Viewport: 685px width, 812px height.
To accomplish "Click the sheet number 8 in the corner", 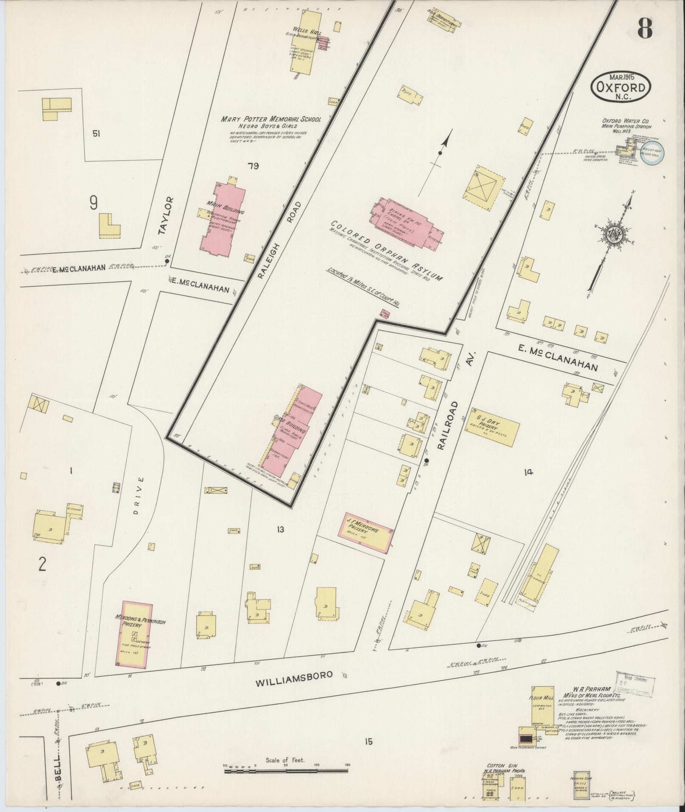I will tap(645, 28).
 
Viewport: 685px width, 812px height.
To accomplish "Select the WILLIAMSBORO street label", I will tap(293, 686).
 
